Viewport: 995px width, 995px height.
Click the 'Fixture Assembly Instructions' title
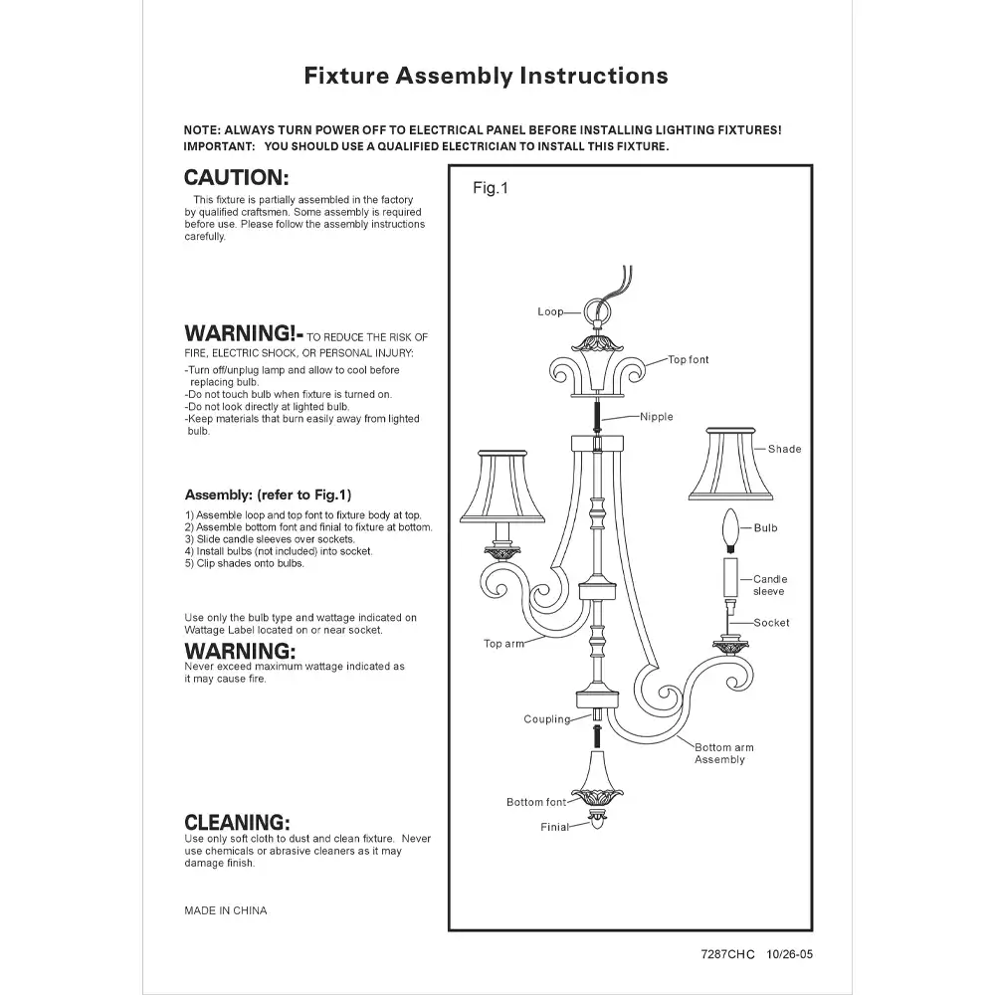pyautogui.click(x=486, y=77)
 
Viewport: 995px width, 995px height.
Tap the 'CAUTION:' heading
pyautogui.click(x=237, y=179)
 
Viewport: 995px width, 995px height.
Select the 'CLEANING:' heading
pyautogui.click(x=237, y=823)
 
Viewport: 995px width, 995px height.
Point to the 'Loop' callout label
pyautogui.click(x=550, y=312)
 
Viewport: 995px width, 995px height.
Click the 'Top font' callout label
pyautogui.click(x=689, y=360)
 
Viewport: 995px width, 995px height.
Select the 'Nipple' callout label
pyautogui.click(x=657, y=417)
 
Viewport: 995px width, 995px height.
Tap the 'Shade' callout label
pyautogui.click(x=784, y=450)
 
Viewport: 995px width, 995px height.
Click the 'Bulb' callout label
pyautogui.click(x=765, y=528)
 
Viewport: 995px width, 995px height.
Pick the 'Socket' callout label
pyautogui.click(x=771, y=623)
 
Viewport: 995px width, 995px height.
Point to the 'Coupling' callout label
pyautogui.click(x=547, y=719)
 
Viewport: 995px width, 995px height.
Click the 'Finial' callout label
pyautogui.click(x=554, y=827)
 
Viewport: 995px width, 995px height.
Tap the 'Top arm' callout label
pyautogui.click(x=503, y=644)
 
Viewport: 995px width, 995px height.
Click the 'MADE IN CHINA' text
pyautogui.click(x=226, y=910)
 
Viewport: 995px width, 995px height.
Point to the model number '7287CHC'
pyautogui.click(x=728, y=955)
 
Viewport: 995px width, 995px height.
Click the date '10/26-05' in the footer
pyautogui.click(x=790, y=955)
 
